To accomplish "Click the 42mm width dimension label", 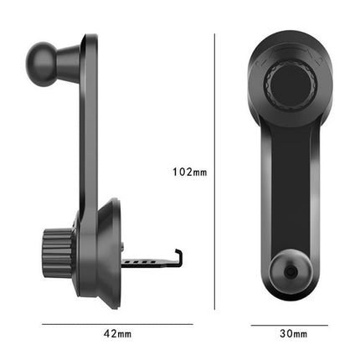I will tap(117, 333).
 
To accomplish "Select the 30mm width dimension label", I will tap(293, 333).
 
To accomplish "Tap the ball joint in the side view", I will tap(42, 58).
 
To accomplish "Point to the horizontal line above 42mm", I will tap(117, 322).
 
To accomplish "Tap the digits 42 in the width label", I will tap(111, 333).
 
